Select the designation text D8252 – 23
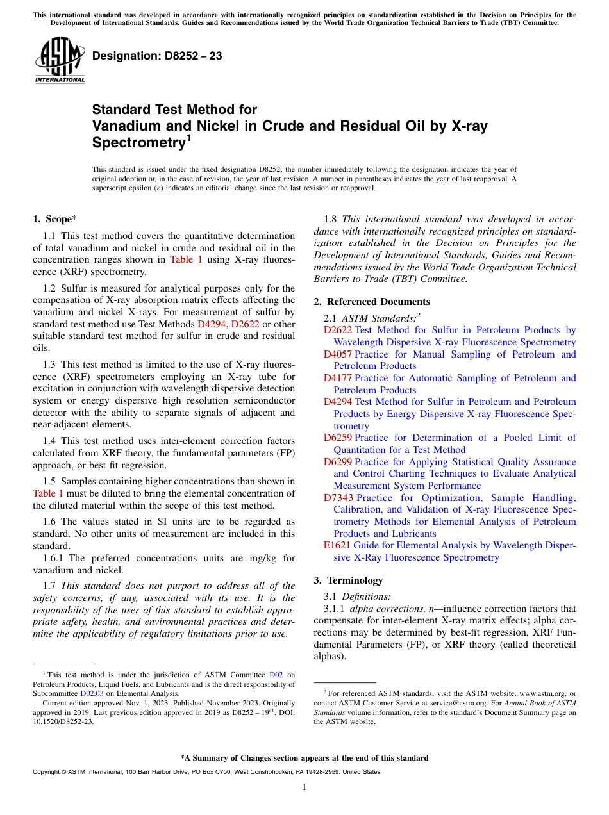[157, 56]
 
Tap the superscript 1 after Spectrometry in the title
[188, 137]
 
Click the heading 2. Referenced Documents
[372, 302]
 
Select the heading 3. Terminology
[348, 580]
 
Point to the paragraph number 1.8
[331, 219]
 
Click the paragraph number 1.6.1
[54, 558]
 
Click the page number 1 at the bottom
[304, 787]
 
